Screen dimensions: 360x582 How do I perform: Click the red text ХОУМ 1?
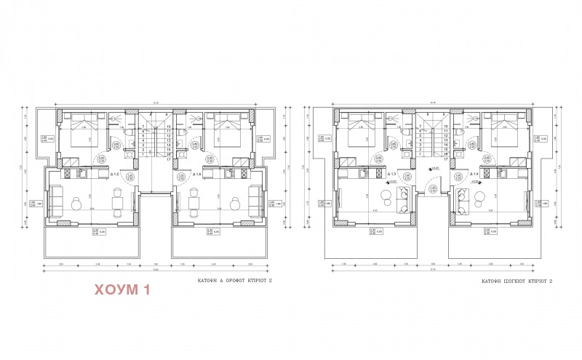click(x=122, y=291)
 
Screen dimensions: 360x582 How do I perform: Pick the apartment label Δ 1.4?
click(x=474, y=175)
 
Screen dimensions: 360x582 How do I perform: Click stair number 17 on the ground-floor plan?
click(x=444, y=159)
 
